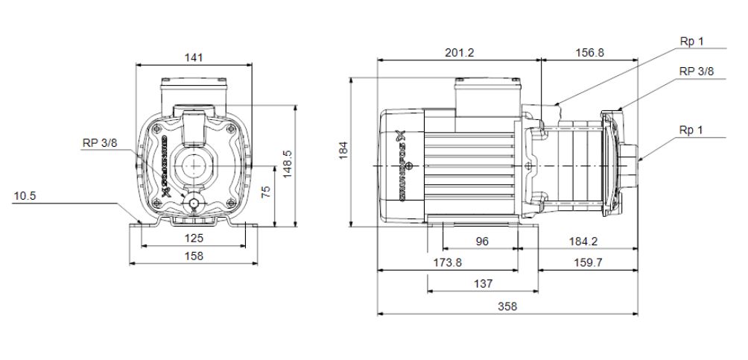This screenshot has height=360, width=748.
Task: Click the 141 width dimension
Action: (x=194, y=57)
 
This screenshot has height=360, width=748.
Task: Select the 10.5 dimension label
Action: (x=25, y=196)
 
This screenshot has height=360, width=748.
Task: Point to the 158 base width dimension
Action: (x=194, y=255)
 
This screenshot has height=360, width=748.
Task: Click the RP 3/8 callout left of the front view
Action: (x=99, y=144)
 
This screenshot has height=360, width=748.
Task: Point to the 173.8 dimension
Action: (x=447, y=262)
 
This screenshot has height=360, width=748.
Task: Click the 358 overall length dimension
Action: (x=507, y=306)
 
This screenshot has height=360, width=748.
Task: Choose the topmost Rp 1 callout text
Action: (x=691, y=42)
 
